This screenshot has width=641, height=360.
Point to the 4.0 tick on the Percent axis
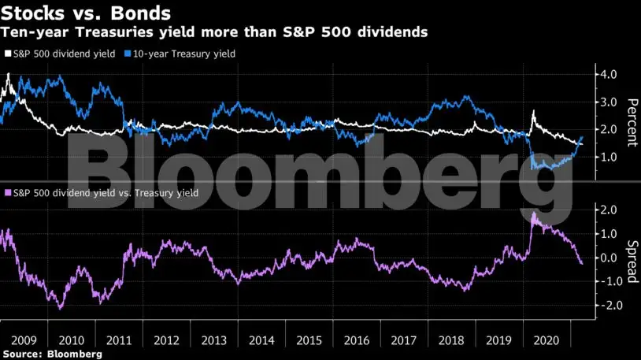[610, 75]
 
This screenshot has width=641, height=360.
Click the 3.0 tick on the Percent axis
[610, 102]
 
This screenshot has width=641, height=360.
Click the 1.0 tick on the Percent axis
[610, 157]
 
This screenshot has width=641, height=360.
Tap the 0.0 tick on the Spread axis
[610, 258]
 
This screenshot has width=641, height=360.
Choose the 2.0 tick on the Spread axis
[610, 210]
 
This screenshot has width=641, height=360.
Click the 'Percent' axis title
[630, 122]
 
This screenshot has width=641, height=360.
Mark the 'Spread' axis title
[630, 258]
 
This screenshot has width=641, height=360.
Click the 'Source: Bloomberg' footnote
[52, 354]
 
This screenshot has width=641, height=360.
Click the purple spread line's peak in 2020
[534, 213]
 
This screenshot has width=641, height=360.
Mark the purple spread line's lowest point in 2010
[61, 308]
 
